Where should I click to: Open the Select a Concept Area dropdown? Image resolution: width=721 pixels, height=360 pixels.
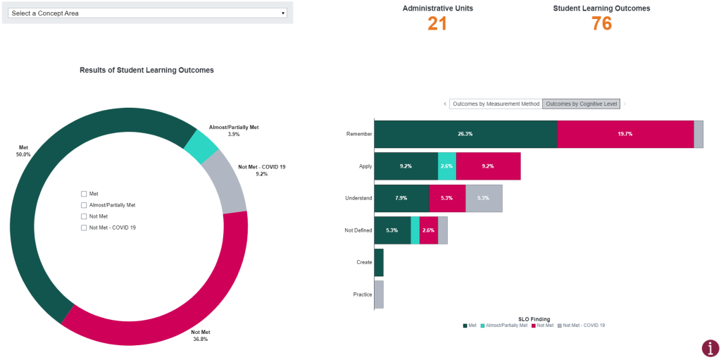[x=147, y=13]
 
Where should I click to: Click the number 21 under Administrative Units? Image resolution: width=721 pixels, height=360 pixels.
[x=437, y=23]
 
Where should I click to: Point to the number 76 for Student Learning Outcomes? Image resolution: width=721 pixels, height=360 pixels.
[x=601, y=23]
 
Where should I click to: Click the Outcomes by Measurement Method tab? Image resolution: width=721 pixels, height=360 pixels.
[x=496, y=104]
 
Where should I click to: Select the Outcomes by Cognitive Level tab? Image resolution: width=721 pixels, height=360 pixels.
[x=582, y=104]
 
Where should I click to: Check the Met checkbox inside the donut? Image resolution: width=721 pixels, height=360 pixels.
[x=84, y=194]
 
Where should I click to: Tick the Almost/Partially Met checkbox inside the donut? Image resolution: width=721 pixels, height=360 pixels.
[x=84, y=205]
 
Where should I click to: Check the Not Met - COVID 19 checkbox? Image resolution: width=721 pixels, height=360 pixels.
[x=84, y=228]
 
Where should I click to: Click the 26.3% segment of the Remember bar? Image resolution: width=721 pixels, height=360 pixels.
[x=465, y=134]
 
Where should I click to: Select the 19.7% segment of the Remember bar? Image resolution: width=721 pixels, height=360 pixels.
[x=625, y=134]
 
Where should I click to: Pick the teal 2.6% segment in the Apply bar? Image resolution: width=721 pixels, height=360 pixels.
[x=446, y=166]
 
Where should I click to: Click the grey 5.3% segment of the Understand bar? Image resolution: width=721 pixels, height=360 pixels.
[x=483, y=198]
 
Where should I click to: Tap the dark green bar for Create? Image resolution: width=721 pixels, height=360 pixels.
[x=379, y=262]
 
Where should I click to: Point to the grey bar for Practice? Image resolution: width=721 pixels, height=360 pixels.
[x=379, y=294]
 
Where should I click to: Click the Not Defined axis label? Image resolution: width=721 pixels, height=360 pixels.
[x=358, y=230]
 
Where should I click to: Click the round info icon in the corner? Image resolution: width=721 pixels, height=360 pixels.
[x=710, y=348]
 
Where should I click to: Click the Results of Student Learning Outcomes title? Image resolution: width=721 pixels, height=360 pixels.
[x=146, y=70]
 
